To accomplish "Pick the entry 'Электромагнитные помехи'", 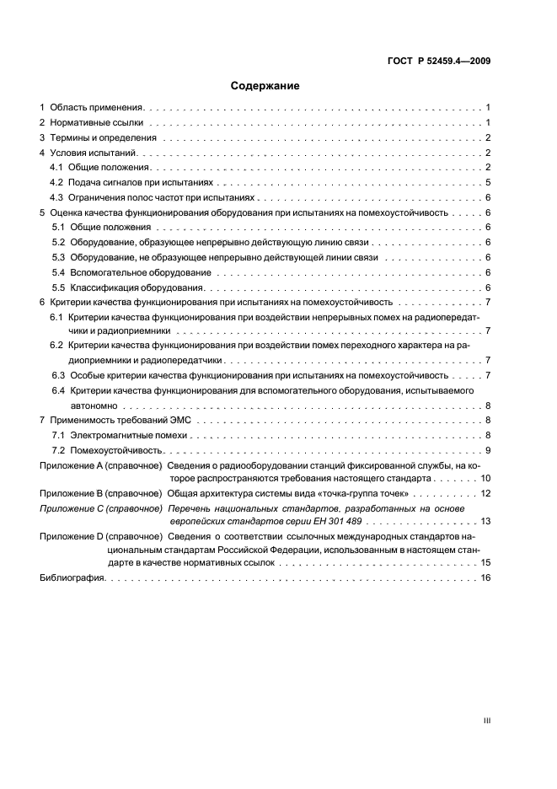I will click(x=129, y=436).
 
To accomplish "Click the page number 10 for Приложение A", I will click(x=486, y=478).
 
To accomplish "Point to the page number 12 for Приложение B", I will click(x=486, y=493).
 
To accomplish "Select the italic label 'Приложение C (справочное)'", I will click(x=101, y=509).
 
